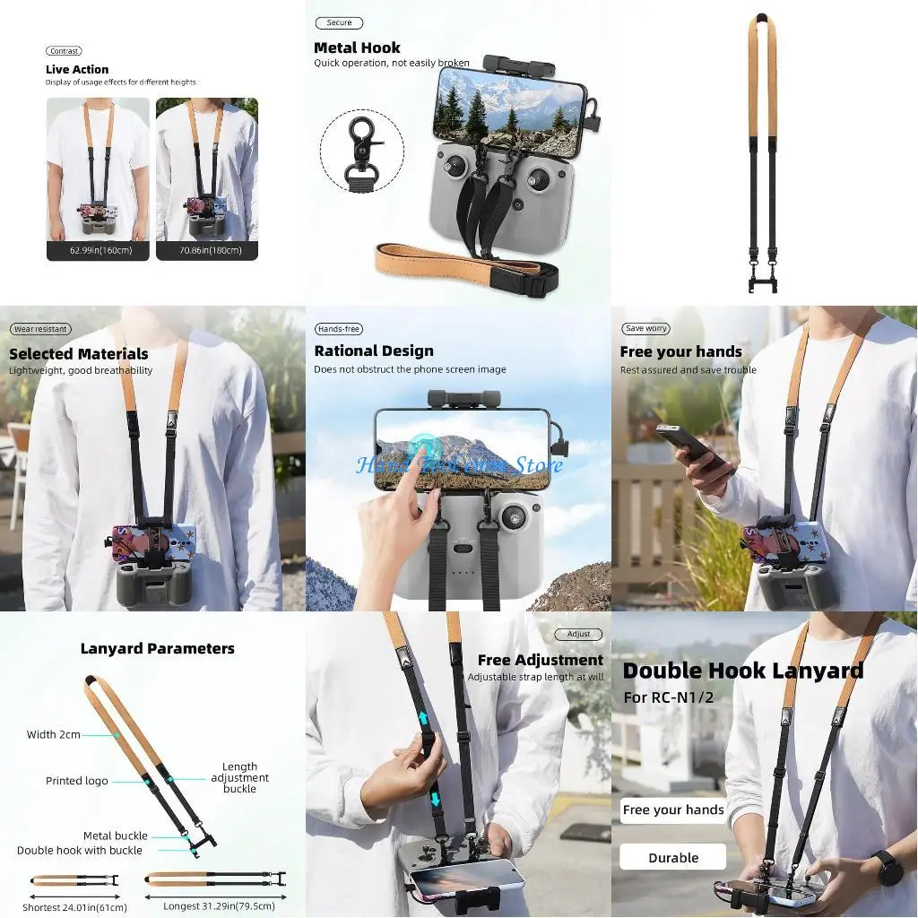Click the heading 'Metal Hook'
(x=357, y=48)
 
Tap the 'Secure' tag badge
(x=339, y=23)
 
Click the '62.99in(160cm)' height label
(x=98, y=250)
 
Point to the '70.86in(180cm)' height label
(x=207, y=250)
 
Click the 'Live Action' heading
(x=77, y=69)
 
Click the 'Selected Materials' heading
(x=79, y=354)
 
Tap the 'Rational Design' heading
(x=374, y=351)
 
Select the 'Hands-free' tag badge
(x=339, y=329)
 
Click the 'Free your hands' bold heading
(x=680, y=351)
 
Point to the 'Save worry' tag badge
(x=646, y=329)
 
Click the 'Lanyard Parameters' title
(x=158, y=648)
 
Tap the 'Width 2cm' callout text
(x=53, y=735)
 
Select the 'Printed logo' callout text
(x=76, y=781)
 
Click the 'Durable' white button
(x=672, y=857)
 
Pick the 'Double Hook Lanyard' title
(x=742, y=671)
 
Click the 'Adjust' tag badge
(x=579, y=634)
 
